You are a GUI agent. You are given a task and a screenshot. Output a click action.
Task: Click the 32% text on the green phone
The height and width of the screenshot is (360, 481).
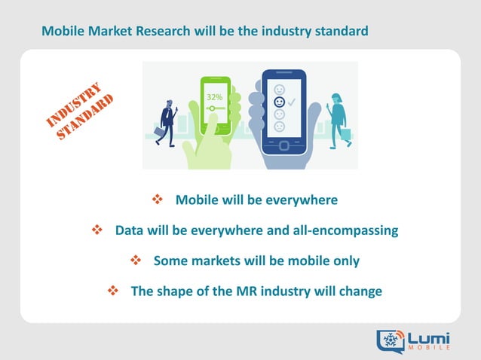coord(213,96)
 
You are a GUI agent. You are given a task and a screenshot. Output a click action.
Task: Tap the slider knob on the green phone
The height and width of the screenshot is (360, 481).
coord(213,108)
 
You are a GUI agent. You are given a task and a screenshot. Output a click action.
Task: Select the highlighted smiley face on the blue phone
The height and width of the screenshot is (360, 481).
coord(280,100)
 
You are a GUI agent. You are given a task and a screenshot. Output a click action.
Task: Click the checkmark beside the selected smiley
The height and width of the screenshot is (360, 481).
coord(291,99)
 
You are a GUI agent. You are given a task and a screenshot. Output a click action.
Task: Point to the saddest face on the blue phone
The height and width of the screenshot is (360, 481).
coord(280,127)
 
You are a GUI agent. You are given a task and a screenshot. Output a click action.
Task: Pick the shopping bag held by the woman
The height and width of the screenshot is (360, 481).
coord(345,133)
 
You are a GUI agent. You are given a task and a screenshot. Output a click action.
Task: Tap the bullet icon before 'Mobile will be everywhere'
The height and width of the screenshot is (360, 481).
coord(158,200)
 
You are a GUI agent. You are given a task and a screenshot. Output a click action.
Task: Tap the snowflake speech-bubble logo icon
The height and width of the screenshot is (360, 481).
coord(391,340)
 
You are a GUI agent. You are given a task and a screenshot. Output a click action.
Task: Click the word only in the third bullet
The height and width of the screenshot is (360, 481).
coord(344,261)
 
